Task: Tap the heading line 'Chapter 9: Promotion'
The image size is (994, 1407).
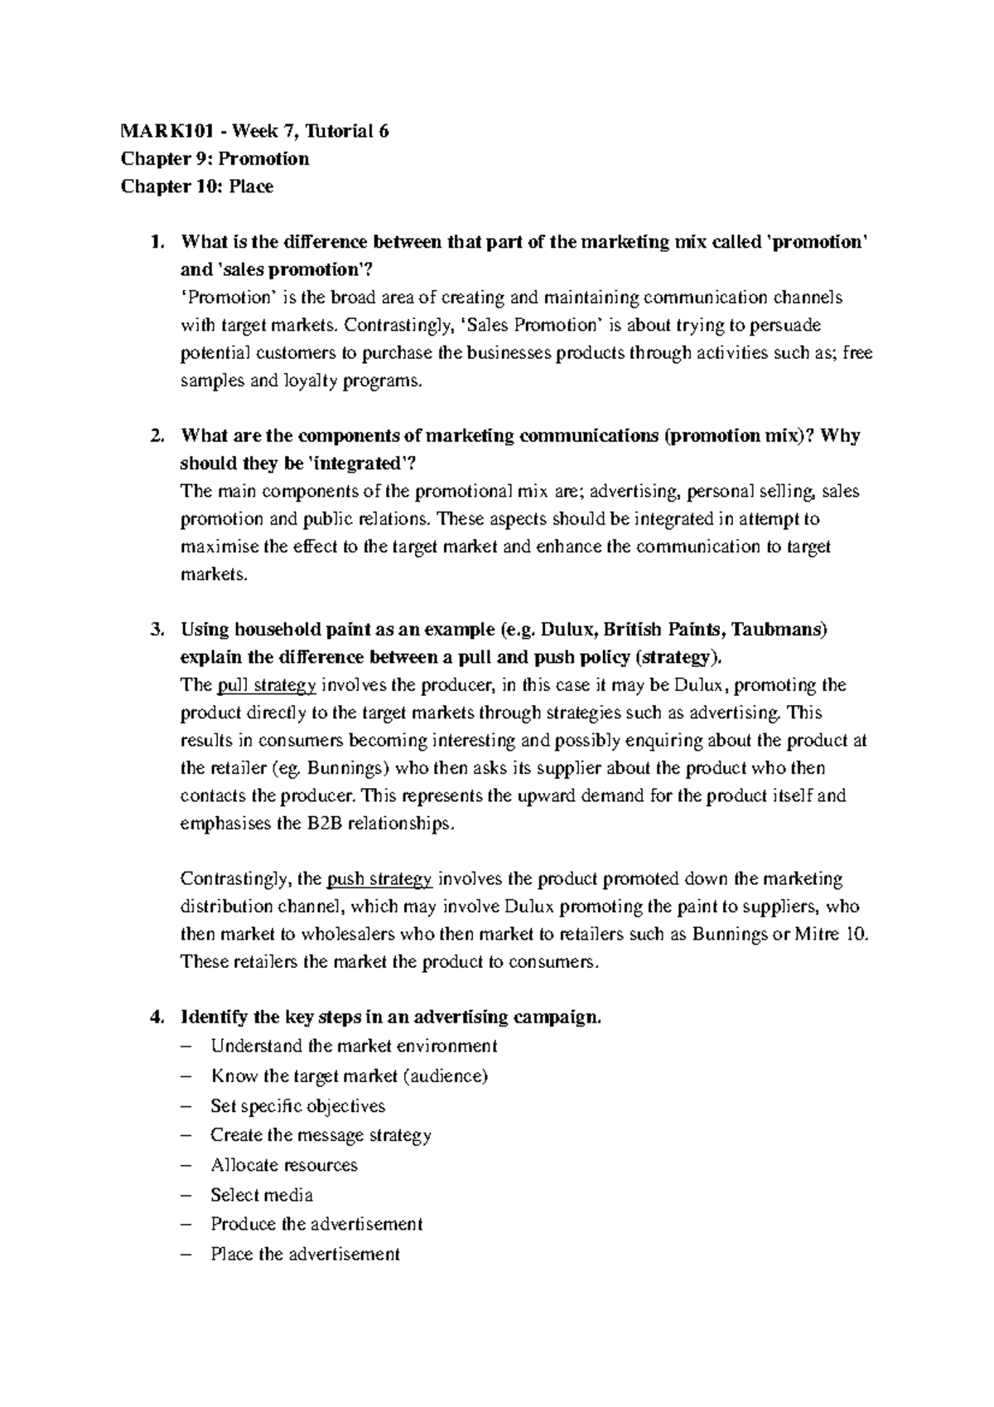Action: pos(215,158)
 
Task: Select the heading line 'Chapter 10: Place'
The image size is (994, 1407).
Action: pos(196,186)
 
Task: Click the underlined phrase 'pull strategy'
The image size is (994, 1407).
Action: pos(266,685)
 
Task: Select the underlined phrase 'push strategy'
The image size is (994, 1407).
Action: pos(380,879)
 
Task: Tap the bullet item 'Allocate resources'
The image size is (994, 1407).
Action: pos(284,1165)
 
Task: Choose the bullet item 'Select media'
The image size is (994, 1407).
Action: pos(262,1195)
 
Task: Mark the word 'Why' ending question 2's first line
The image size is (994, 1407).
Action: pos(840,436)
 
